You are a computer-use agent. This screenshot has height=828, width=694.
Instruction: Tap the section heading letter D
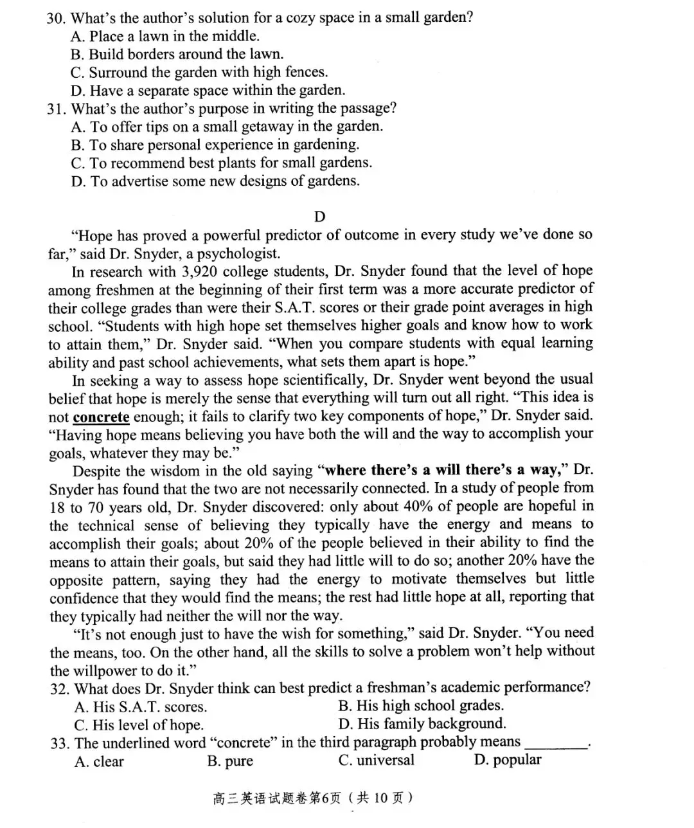319,217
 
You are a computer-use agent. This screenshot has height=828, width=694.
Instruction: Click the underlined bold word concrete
101,417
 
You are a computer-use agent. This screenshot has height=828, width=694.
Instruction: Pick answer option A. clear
99,762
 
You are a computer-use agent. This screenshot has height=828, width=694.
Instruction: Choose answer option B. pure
230,762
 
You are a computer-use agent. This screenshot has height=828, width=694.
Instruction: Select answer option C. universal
376,760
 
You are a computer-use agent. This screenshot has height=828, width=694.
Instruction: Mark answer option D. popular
508,760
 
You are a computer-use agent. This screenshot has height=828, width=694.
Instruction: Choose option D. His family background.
422,724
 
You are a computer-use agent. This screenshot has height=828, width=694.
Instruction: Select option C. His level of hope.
139,725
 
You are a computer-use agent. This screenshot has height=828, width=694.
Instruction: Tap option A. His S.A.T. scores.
140,707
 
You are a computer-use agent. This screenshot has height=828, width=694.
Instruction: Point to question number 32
60,689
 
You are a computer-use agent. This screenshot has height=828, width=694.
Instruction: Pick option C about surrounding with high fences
199,73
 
